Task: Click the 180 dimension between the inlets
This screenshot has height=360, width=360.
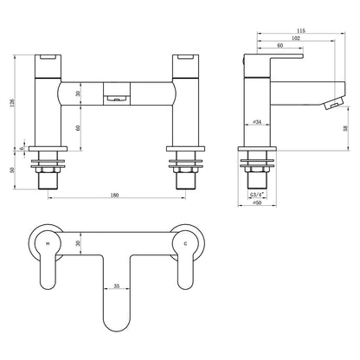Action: pos(114,196)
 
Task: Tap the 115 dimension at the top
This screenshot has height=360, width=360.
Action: pos(300,30)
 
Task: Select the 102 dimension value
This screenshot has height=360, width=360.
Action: pos(296,38)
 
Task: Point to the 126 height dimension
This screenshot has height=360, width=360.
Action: pos(12,103)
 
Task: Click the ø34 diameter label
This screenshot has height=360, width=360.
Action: pos(257,122)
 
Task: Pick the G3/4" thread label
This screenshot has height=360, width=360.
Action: pos(257,195)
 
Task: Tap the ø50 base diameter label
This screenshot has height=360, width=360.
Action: pos(257,202)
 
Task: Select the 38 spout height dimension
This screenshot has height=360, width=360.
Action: pos(345,128)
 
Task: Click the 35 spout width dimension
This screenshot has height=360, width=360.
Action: pos(116,286)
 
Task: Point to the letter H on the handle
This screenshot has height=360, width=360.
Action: pos(48,244)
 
